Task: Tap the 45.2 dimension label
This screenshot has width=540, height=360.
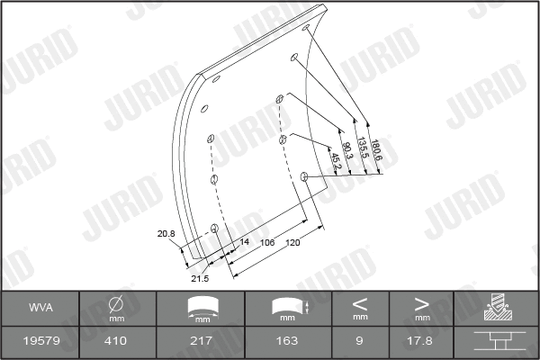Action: (x=335, y=163)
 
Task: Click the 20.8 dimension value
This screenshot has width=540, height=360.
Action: (x=166, y=234)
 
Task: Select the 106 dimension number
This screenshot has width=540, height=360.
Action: (x=267, y=243)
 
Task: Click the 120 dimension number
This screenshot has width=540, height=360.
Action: (x=293, y=243)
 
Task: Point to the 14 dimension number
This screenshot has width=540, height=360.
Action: (x=243, y=242)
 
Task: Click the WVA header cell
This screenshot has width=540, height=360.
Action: (x=40, y=307)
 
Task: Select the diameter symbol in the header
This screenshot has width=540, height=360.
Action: (x=116, y=303)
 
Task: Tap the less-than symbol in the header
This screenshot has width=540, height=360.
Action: (x=359, y=303)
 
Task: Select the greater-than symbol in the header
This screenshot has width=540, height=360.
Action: (x=421, y=303)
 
